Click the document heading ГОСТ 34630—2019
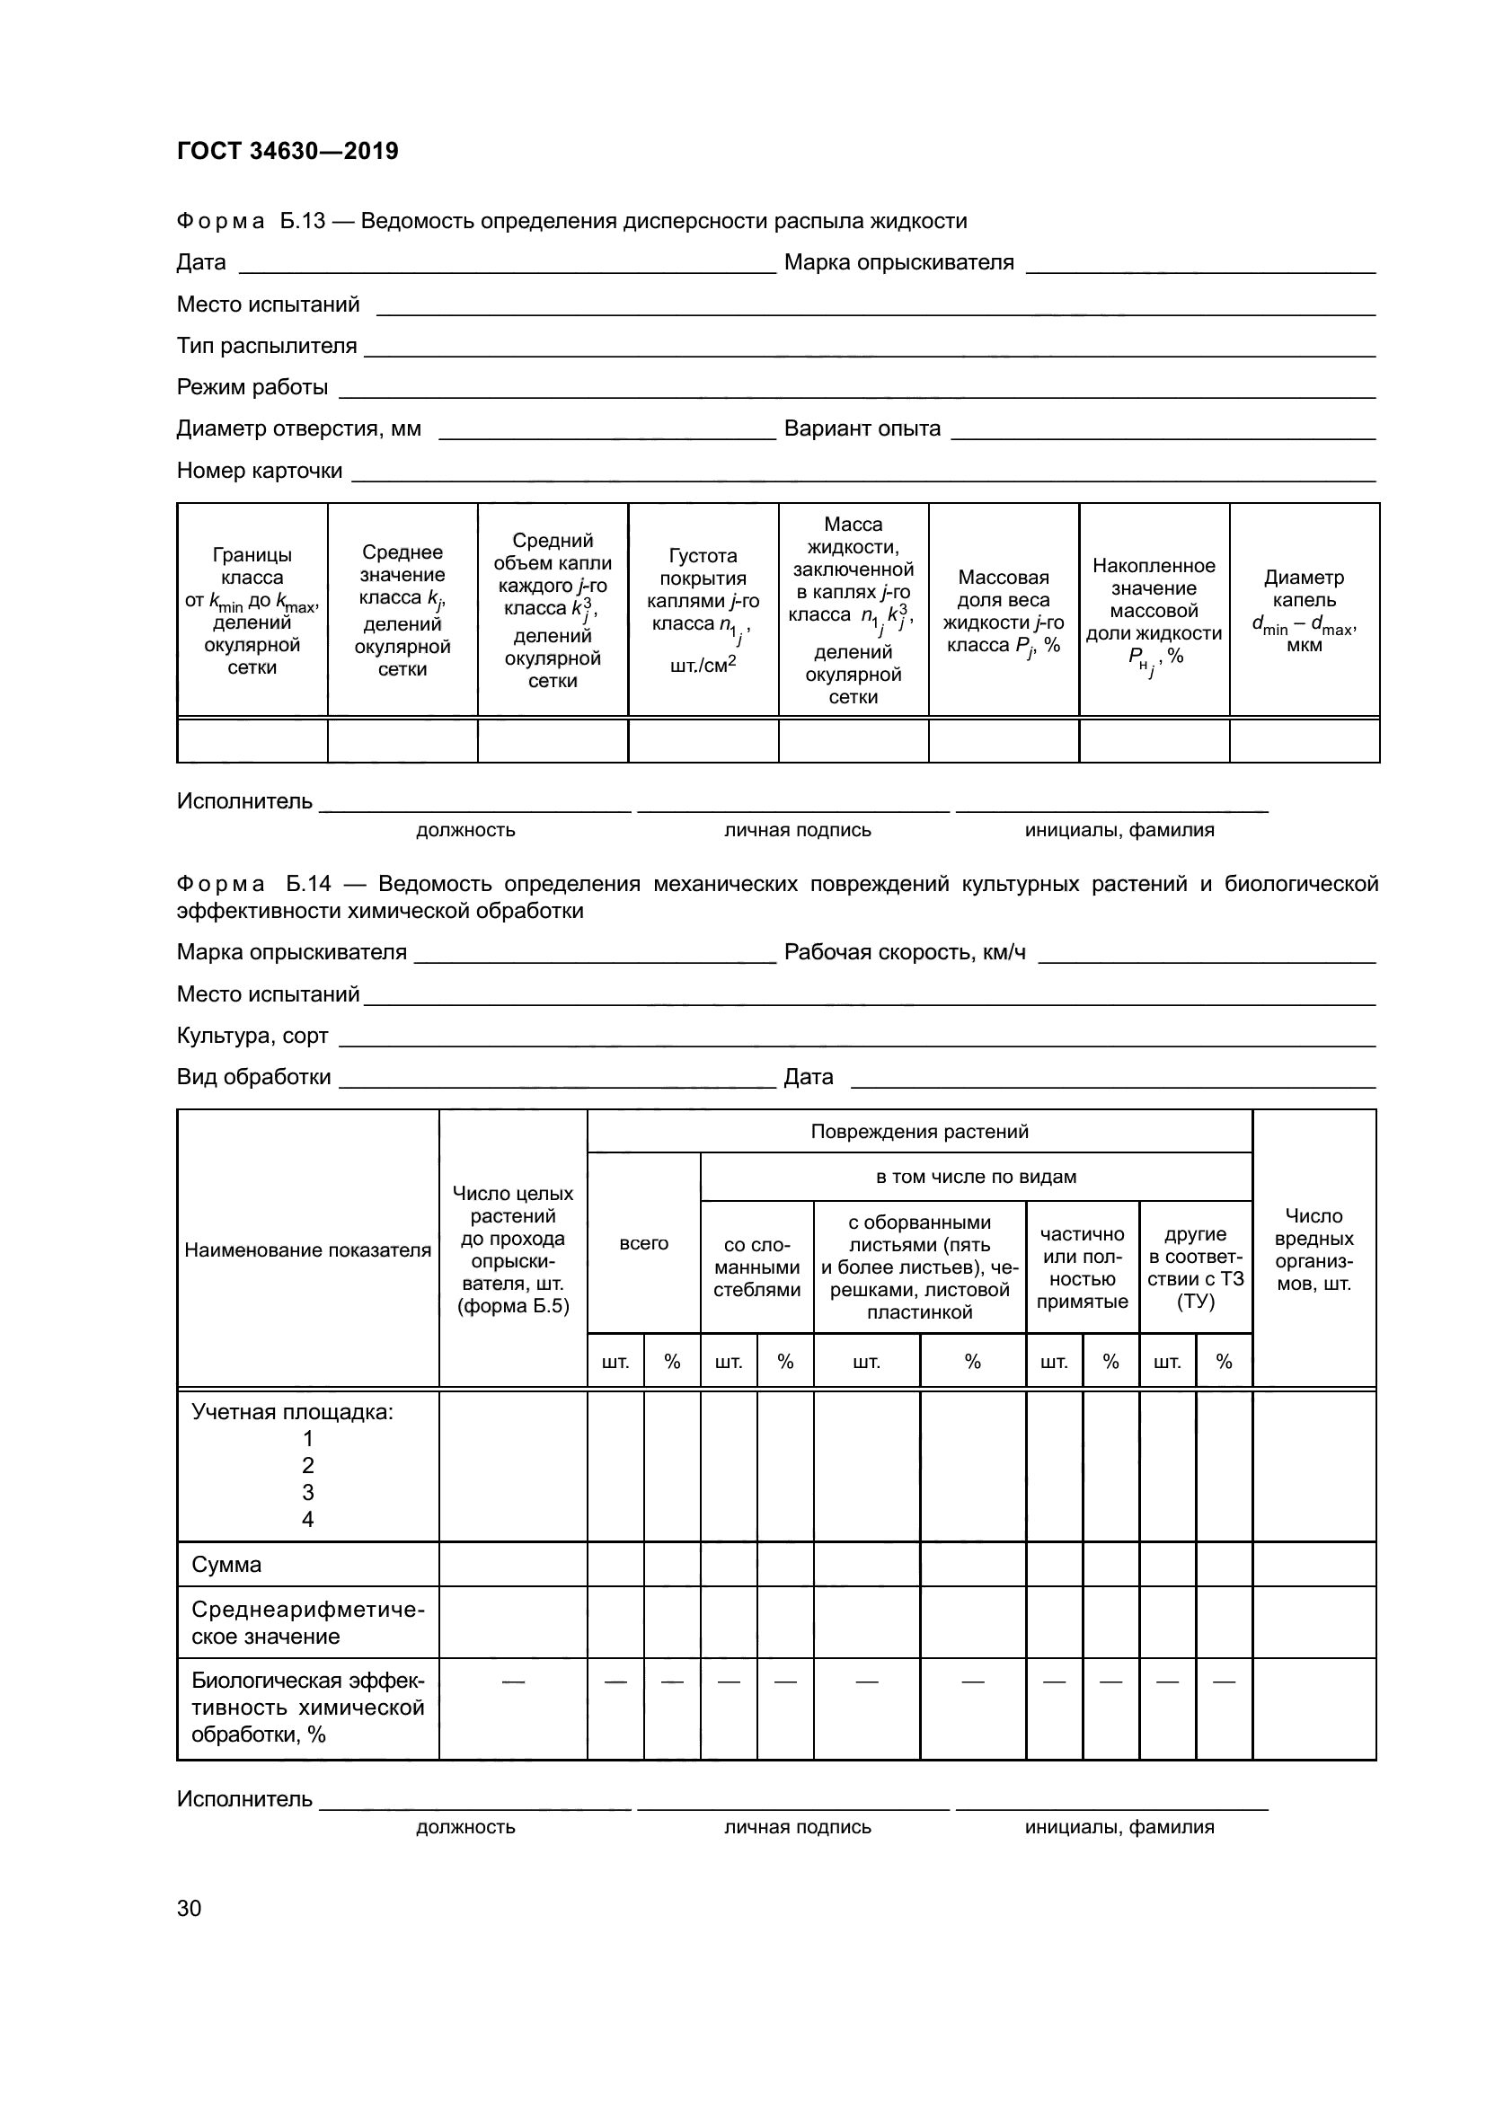pos(287,151)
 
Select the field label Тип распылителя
pos(266,346)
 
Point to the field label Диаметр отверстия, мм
pos(298,428)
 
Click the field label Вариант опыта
pos(862,428)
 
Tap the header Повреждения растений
pos(920,1131)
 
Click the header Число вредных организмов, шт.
pos(1314,1249)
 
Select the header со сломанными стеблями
pos(756,1267)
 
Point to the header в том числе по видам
pos(976,1177)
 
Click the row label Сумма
pos(226,1564)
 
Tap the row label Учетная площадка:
pos(292,1411)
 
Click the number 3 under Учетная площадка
pos(307,1492)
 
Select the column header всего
pos(643,1242)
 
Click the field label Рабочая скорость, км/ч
pos(904,952)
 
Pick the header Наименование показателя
pos(307,1250)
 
